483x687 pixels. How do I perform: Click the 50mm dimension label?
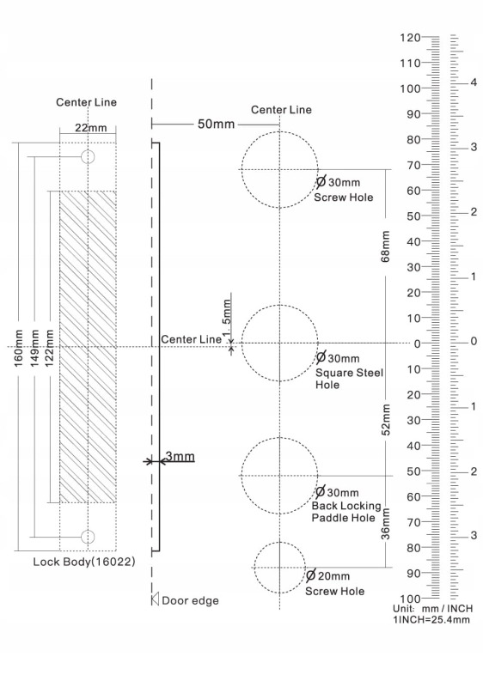coord(216,124)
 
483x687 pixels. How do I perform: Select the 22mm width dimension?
coord(91,128)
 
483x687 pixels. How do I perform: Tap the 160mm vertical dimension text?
coord(18,349)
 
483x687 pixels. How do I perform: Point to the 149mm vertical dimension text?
coord(34,349)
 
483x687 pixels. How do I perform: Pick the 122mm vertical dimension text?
coord(49,349)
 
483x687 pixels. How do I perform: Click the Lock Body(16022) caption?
coord(84,562)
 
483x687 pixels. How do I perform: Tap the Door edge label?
coord(190,600)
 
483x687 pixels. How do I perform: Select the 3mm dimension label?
coord(180,457)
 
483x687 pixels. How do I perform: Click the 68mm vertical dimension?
coord(385,246)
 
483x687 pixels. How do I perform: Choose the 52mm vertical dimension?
coord(386,420)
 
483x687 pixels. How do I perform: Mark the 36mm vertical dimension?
coord(385,524)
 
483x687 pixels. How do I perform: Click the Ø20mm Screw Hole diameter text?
coord(327,575)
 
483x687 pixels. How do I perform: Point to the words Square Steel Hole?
coord(349,379)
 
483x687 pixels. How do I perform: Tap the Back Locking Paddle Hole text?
coord(346,512)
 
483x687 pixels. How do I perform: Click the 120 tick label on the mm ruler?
coord(410,38)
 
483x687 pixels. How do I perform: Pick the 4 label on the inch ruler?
coord(474,82)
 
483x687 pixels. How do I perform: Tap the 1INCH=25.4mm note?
coord(431,619)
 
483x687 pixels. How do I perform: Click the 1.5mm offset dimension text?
coord(227,318)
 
